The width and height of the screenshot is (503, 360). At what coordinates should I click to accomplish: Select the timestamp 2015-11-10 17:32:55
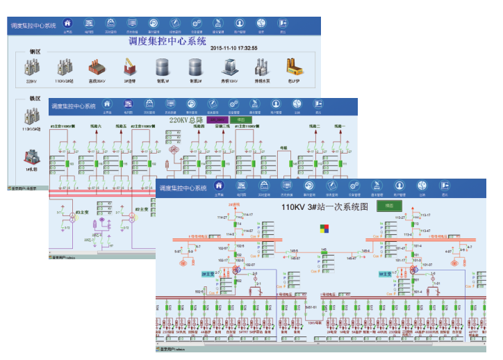point(234,48)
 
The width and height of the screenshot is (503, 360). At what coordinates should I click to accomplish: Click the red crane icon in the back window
point(129,67)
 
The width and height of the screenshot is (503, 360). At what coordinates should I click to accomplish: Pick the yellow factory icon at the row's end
point(293,67)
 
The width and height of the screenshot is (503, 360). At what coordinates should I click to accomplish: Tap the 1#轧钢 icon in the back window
point(31,158)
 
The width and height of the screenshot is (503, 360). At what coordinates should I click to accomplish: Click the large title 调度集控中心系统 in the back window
point(168,40)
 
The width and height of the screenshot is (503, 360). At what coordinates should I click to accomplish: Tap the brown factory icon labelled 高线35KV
point(97,67)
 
